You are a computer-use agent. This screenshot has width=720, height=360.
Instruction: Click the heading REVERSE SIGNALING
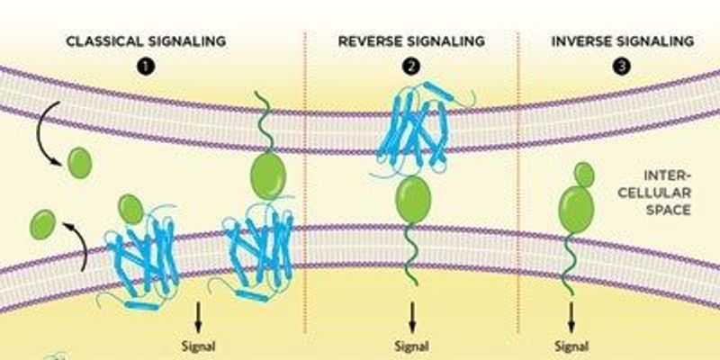[411, 41]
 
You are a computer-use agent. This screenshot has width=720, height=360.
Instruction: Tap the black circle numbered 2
[411, 66]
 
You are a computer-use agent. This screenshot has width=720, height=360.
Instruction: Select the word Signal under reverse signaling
[412, 343]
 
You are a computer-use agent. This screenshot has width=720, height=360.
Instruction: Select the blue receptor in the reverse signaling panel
[411, 130]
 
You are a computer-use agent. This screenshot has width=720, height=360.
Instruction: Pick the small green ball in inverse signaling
[585, 173]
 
